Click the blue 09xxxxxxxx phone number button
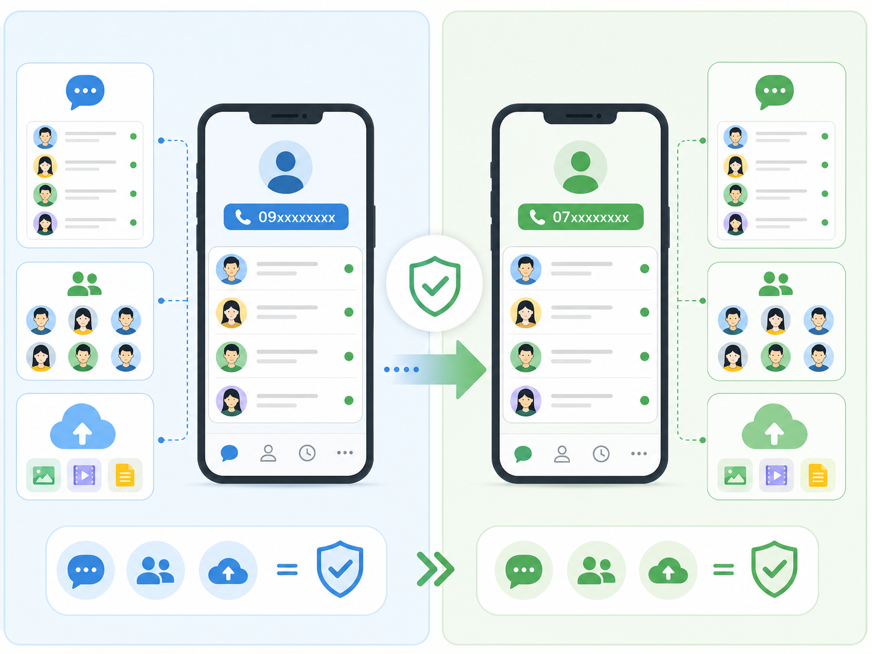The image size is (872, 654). coord(286,217)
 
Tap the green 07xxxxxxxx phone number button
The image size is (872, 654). coord(581,217)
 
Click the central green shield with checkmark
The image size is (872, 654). coord(435,286)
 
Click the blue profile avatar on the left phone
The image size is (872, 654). coord(285,167)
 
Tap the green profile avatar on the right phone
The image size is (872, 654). coord(581,167)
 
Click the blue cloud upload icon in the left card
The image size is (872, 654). coord(83,426)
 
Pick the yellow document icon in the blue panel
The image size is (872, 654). coord(125,475)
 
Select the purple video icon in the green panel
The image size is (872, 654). coord(776,475)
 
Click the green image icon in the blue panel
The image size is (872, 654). coord(44,475)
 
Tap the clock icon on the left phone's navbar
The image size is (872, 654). coord(307,453)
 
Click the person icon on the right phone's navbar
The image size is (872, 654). coord(562,454)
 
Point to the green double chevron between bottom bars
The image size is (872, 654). coord(435,569)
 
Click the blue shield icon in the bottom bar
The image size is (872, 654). coord(340,569)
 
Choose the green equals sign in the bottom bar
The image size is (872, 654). coord(723,570)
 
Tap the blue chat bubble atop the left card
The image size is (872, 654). coord(85,92)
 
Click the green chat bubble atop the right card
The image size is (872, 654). coord(774,92)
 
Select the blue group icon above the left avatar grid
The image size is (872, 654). coord(84,284)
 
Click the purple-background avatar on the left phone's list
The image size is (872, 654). coord(231,400)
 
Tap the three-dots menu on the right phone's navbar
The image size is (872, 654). coord(639,453)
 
